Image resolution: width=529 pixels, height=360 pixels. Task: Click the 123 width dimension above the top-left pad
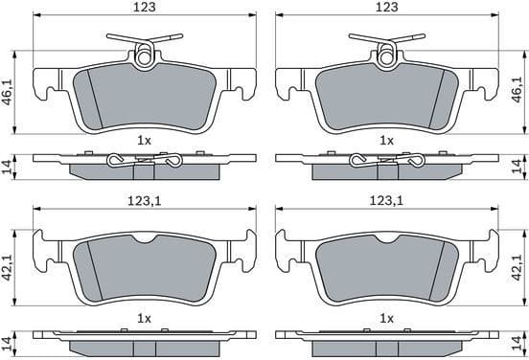point(145,7)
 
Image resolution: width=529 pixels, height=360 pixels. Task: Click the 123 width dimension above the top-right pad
point(387,7)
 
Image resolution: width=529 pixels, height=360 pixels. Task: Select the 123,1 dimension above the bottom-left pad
point(145,201)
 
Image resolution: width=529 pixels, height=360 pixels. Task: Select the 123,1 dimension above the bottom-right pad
point(387,201)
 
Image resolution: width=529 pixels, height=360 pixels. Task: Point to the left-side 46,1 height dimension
point(8,92)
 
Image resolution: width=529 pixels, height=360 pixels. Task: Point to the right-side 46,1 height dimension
point(517,89)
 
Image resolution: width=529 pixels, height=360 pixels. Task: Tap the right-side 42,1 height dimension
point(517,267)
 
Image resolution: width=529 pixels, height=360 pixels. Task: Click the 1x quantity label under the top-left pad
point(144,141)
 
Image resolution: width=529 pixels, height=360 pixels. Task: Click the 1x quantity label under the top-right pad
point(386,141)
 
